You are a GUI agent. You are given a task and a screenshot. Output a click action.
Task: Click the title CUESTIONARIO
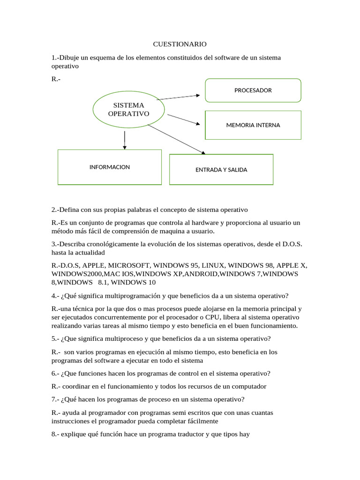pyautogui.click(x=180, y=44)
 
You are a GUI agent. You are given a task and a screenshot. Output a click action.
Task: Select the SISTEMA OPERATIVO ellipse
pyautogui.click(x=128, y=109)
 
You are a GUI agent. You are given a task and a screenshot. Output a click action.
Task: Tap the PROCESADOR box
pyautogui.click(x=253, y=90)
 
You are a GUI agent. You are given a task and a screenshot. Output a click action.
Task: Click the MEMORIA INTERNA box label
pyautogui.click(x=253, y=125)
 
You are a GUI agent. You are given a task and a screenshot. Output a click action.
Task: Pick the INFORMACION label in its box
pyautogui.click(x=110, y=167)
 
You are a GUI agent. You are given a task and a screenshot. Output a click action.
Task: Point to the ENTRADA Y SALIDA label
pyautogui.click(x=221, y=170)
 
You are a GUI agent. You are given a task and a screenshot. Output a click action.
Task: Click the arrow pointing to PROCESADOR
pyautogui.click(x=178, y=97)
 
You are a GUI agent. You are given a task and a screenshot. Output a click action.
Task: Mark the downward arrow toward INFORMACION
pyautogui.click(x=124, y=140)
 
